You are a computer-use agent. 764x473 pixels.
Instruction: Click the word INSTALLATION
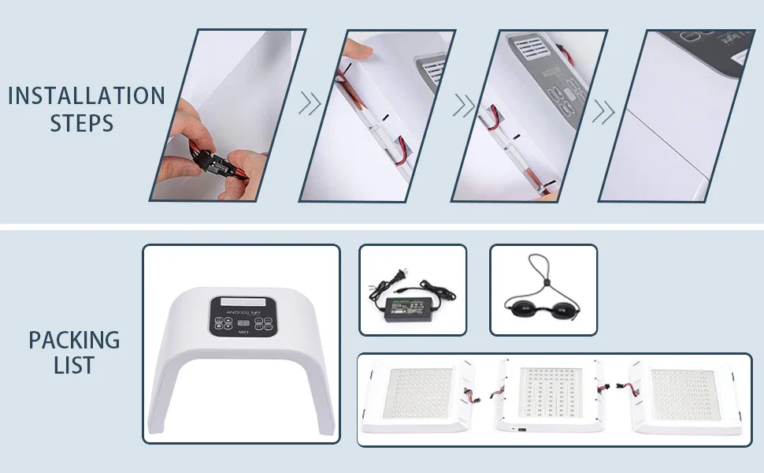[87, 96]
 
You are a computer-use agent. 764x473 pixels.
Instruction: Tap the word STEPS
[82, 124]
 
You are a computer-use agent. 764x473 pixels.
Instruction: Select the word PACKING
[75, 341]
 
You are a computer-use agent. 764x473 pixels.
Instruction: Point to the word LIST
[74, 366]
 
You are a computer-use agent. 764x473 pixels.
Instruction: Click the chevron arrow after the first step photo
[310, 103]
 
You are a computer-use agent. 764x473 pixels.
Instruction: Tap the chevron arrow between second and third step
[464, 105]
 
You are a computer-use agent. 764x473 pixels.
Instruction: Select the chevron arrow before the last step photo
[603, 111]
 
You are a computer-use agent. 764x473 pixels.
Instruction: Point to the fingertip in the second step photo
[359, 50]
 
